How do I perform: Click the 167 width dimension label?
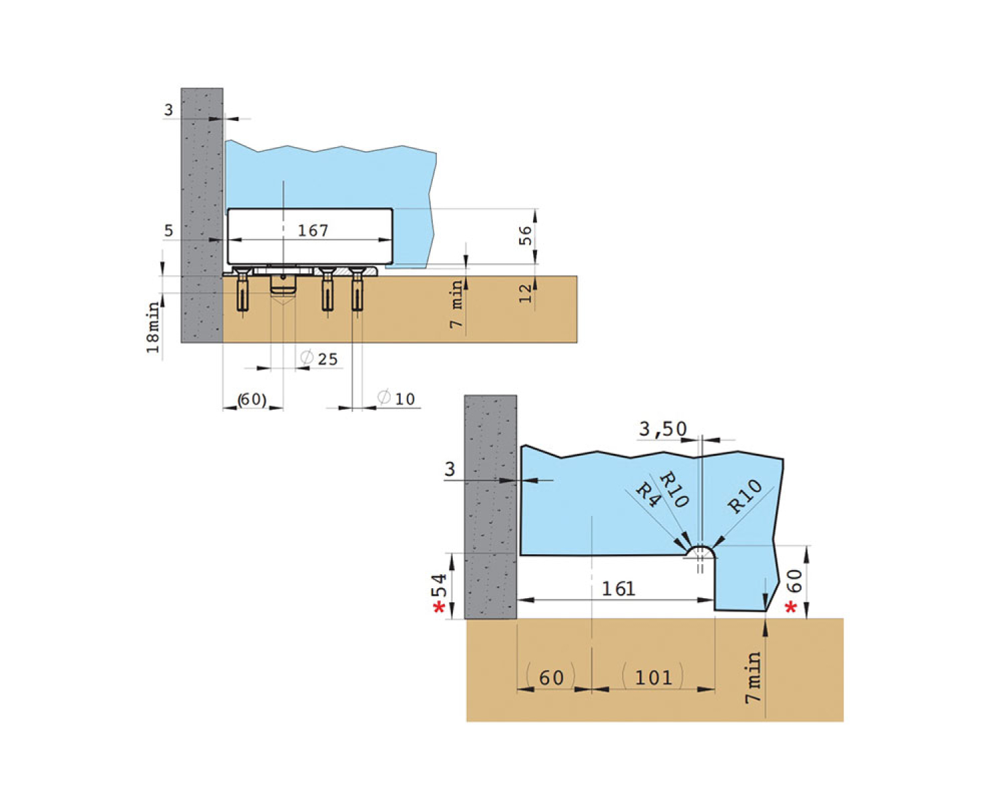313,230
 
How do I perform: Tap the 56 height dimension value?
525,235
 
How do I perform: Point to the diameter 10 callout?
396,398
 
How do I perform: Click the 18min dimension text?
153,327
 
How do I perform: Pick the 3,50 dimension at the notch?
663,428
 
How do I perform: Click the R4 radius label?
648,495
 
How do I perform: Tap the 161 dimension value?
619,589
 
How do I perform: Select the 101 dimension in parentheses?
654,678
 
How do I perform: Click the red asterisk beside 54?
439,608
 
